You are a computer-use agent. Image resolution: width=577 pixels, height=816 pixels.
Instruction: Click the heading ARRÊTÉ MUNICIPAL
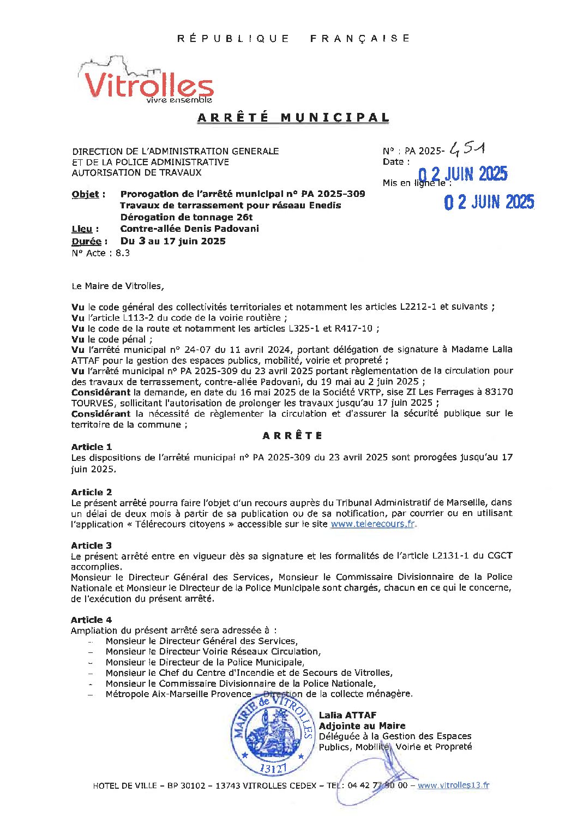293,118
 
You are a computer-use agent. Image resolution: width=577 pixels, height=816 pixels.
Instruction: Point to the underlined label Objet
86,194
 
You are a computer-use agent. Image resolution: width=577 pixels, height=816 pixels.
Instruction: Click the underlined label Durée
86,241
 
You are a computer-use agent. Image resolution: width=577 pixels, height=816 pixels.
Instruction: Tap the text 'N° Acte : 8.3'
100,253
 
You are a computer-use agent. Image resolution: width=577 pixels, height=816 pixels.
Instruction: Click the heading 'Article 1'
91,447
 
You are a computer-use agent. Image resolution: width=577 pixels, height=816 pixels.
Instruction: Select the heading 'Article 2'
91,492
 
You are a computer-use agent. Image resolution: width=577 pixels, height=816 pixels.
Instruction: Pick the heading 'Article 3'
91,545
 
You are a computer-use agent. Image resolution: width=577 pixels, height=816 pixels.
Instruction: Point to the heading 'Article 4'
91,620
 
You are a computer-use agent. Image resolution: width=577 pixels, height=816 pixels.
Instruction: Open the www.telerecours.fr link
372,524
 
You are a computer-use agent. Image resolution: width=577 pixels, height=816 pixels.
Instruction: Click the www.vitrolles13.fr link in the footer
453,785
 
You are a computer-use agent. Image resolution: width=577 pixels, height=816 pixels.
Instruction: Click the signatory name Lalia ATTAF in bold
347,715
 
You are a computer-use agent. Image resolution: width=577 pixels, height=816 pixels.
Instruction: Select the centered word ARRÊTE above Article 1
292,435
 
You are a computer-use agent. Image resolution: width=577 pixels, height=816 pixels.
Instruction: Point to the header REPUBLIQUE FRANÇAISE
293,38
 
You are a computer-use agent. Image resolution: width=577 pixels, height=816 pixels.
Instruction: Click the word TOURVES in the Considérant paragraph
90,403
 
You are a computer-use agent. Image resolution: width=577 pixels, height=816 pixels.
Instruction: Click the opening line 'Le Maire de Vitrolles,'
117,286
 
